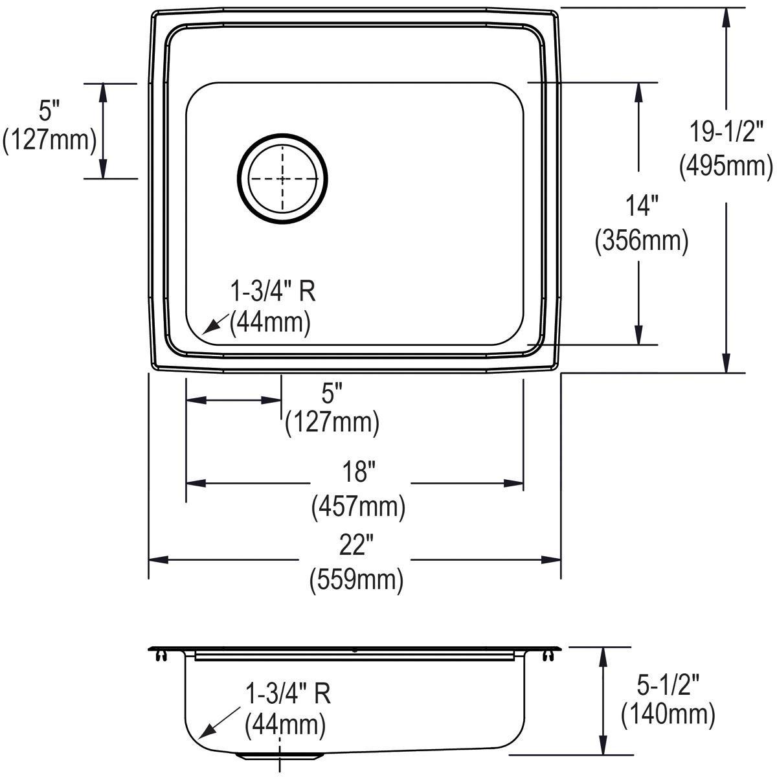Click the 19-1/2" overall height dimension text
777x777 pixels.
726,133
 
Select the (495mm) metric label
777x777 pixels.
726,166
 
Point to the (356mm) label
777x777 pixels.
641,241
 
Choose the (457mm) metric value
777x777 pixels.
358,506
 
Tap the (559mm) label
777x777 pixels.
357,580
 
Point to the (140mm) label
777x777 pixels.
668,715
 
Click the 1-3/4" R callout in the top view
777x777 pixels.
273,292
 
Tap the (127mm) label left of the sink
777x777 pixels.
49,139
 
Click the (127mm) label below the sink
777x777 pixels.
332,423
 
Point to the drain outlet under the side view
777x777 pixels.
280,756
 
